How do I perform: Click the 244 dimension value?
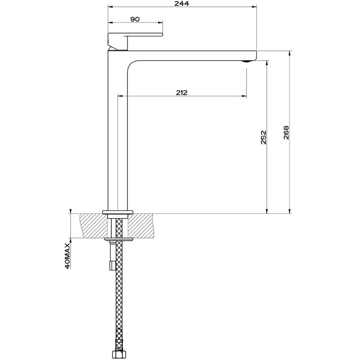click(183, 3)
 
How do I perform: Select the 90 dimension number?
click(135, 19)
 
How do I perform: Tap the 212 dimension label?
click(181, 93)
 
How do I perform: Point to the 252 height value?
click(263, 138)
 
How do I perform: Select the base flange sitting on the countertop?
click(118, 211)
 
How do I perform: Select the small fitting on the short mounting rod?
click(112, 265)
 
